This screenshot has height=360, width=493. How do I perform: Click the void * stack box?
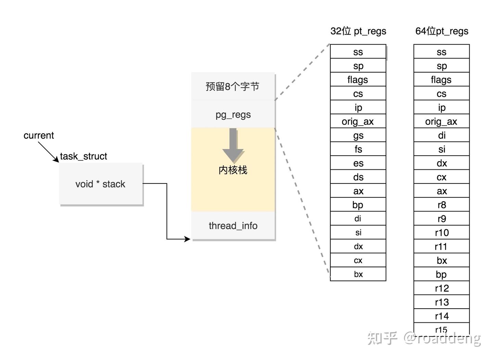pyautogui.click(x=101, y=184)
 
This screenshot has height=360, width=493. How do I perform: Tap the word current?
pyautogui.click(x=39, y=136)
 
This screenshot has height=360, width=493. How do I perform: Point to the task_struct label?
pyautogui.click(x=84, y=156)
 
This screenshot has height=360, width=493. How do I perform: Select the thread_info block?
pyautogui.click(x=233, y=226)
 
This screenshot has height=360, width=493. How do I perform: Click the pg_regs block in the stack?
pyautogui.click(x=233, y=114)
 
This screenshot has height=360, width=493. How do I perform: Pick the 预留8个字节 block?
pyautogui.click(x=233, y=86)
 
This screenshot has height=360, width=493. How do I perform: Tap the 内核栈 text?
pyautogui.click(x=233, y=170)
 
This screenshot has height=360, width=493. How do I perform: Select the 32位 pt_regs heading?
pyautogui.click(x=358, y=31)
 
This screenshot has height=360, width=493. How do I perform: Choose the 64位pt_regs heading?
pyautogui.click(x=442, y=31)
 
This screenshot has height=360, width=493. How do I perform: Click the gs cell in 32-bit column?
pyautogui.click(x=358, y=135)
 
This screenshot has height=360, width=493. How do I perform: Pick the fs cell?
pyautogui.click(x=358, y=149)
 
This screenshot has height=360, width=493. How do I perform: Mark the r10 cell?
pyautogui.click(x=442, y=233)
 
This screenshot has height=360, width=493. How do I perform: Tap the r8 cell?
pyautogui.click(x=442, y=205)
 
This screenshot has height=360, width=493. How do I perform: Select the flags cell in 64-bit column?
pyautogui.click(x=442, y=80)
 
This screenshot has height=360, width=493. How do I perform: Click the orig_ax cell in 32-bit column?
pyautogui.click(x=358, y=121)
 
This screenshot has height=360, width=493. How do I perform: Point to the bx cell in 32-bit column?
pyautogui.click(x=358, y=274)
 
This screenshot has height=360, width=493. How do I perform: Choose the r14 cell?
pyautogui.click(x=442, y=316)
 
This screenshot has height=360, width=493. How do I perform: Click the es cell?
pyautogui.click(x=358, y=163)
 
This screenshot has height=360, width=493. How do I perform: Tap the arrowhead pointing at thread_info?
pyautogui.click(x=187, y=239)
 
